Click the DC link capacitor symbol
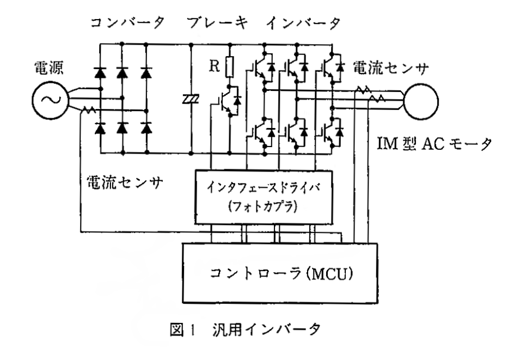(x=192, y=98)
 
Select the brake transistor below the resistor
(x=228, y=101)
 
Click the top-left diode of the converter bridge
(x=101, y=71)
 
